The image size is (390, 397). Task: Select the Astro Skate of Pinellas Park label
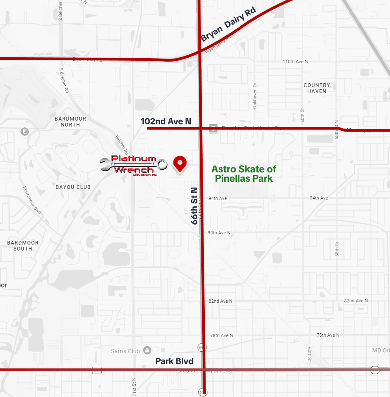[244, 174]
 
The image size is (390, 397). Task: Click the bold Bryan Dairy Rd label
[228, 30]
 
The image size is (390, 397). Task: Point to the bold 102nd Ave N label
[166, 122]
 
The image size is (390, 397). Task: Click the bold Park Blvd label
[174, 361]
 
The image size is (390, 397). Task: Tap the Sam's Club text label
[125, 351]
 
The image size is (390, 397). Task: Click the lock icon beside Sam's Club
[147, 351]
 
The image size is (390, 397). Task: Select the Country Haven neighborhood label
[317, 88]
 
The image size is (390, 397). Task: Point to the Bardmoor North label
[70, 121]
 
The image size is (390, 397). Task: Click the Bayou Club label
[73, 187]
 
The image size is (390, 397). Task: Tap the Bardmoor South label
[23, 245]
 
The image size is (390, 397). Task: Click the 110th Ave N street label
[295, 62]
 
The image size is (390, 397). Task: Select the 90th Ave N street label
[219, 233]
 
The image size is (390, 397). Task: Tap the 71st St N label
[134, 386]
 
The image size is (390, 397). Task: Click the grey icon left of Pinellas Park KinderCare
[214, 128]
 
